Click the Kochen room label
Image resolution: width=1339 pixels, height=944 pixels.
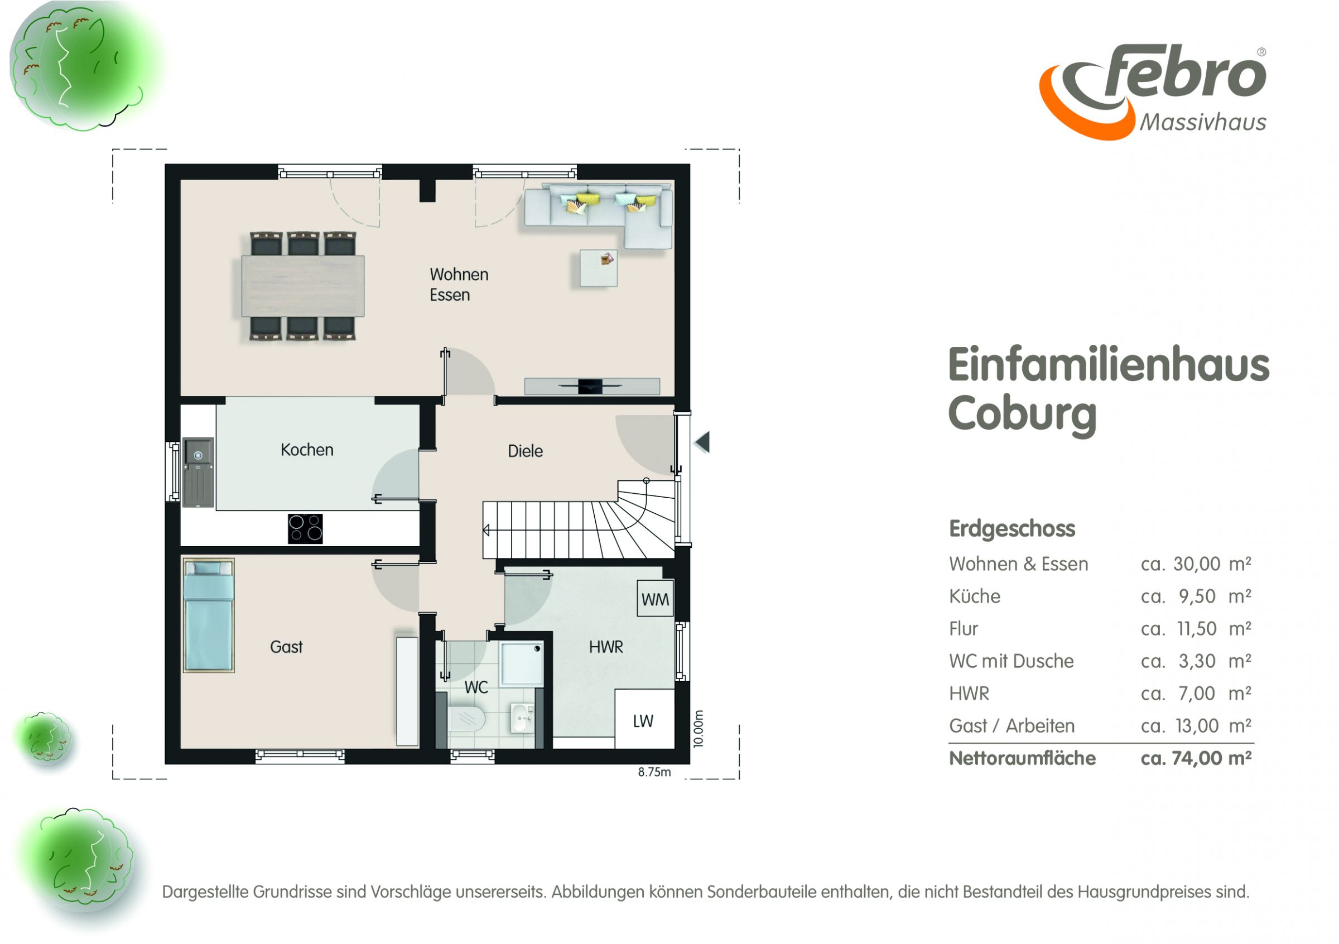307,450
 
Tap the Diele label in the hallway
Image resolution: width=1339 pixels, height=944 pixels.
525,451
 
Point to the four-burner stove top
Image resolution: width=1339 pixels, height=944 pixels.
305,528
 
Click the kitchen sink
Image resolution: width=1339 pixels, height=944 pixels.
198,471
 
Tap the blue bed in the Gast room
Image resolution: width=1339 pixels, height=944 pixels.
209,616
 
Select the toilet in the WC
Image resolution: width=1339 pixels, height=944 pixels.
466,719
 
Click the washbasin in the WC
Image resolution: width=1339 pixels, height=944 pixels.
522,717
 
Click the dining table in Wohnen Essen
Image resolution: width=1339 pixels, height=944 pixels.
303,286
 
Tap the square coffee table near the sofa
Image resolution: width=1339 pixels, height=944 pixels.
598,268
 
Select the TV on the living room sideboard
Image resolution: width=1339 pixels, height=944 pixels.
590,386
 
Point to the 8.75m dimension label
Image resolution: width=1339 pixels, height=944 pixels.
654,772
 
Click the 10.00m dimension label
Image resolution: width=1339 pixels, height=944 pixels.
699,728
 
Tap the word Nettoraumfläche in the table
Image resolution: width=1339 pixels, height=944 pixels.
1022,758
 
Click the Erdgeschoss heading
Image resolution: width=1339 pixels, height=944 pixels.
1012,528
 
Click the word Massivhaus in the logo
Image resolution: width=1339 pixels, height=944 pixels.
1202,122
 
